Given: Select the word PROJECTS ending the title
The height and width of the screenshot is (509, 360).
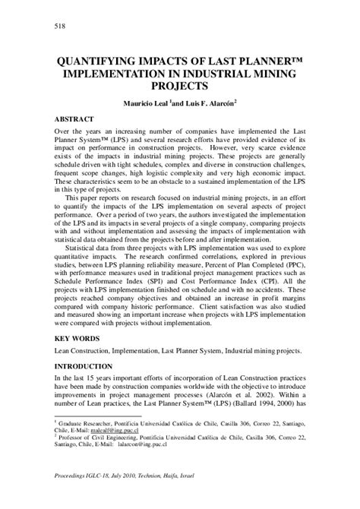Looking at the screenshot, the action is [x=179, y=86].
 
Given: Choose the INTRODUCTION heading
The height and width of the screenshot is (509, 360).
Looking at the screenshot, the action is [x=86, y=367].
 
